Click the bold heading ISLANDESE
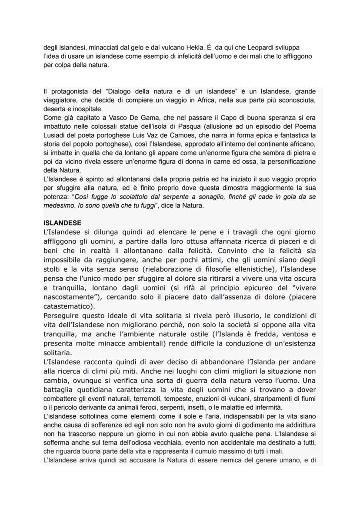[x=62, y=223]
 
